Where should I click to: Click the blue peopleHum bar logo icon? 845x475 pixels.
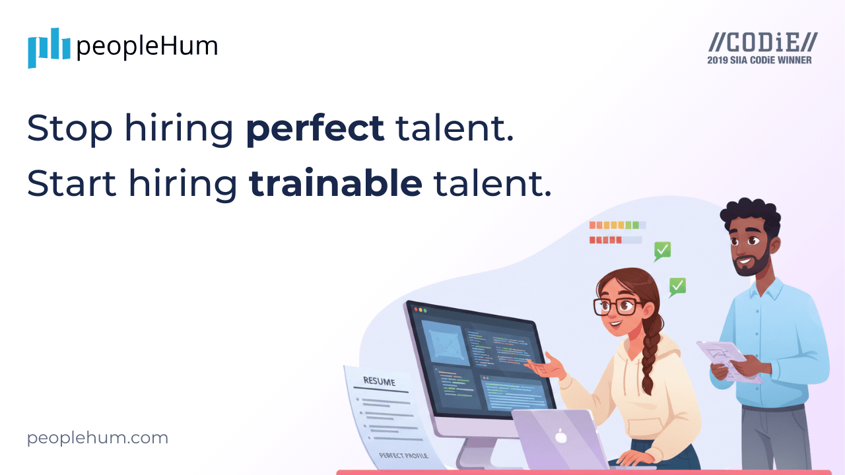(48, 47)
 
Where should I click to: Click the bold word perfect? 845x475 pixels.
(315, 129)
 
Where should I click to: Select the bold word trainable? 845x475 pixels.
(335, 184)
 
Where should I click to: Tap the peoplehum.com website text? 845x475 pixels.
(98, 437)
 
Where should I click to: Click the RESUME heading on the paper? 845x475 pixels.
(379, 381)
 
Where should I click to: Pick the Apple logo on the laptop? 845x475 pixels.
(560, 435)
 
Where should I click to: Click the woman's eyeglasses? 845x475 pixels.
(616, 305)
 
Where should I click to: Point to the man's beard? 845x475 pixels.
(755, 264)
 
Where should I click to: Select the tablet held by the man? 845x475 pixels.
(726, 360)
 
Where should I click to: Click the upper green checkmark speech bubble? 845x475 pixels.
(662, 251)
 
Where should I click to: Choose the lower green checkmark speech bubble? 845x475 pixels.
(677, 286)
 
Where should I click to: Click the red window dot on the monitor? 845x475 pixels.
(416, 308)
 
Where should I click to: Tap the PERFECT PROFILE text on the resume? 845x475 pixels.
(403, 455)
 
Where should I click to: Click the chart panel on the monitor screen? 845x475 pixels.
(446, 343)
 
